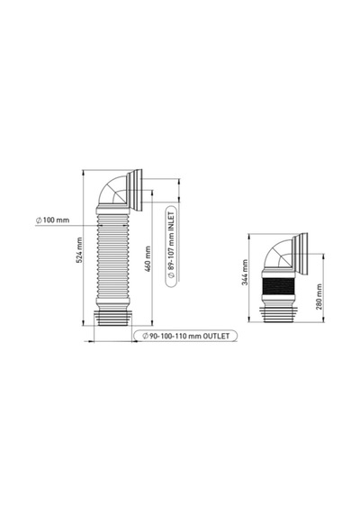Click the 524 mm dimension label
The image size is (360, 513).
click(x=79, y=250)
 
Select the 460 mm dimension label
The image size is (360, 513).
click(x=148, y=259)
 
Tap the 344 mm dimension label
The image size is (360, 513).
click(x=245, y=272)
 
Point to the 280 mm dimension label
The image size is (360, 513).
click(x=319, y=297)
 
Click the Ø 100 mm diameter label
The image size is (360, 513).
click(x=52, y=220)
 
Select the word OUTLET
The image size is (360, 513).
click(x=216, y=336)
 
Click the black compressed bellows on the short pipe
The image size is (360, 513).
click(x=278, y=286)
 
